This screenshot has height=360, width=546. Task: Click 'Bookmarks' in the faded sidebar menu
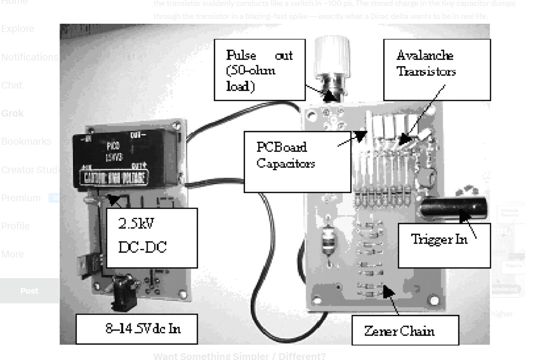[x=26, y=142]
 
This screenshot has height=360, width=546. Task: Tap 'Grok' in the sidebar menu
[x=13, y=114]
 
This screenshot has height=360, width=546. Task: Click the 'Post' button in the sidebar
[x=29, y=291]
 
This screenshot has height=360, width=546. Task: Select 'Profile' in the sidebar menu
[x=15, y=226]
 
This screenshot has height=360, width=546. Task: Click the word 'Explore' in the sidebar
[x=18, y=29]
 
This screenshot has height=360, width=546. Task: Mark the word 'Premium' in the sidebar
[x=21, y=197]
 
